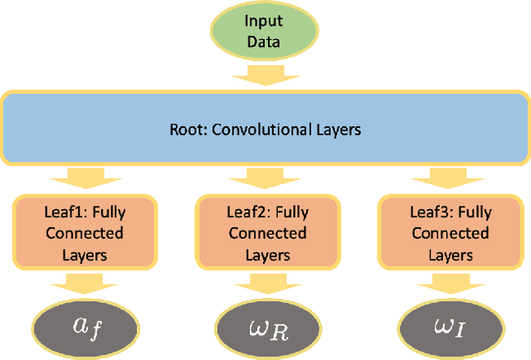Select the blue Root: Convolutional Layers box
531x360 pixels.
pyautogui.click(x=265, y=129)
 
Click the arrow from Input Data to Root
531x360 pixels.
pyautogui.click(x=265, y=78)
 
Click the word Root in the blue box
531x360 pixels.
pyautogui.click(x=184, y=129)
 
